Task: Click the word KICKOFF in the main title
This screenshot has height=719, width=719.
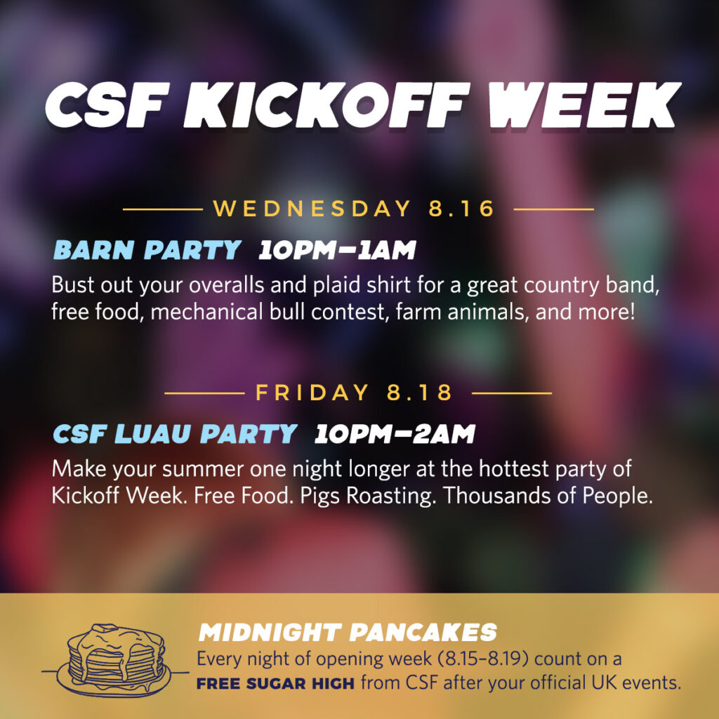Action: click(x=326, y=105)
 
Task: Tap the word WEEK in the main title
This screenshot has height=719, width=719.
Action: click(x=583, y=105)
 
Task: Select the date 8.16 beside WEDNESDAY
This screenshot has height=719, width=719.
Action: click(x=461, y=209)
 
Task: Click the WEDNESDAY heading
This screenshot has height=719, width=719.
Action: click(x=312, y=209)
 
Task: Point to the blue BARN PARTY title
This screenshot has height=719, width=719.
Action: click(x=147, y=250)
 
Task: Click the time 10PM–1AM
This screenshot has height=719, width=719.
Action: click(x=337, y=251)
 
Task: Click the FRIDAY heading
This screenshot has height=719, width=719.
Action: click(x=312, y=393)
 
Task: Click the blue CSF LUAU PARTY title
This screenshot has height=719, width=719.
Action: click(x=175, y=434)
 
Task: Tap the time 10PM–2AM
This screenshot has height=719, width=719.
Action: click(x=395, y=434)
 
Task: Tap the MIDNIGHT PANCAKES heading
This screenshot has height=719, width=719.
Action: click(x=348, y=633)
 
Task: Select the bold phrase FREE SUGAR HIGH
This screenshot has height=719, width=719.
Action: click(x=275, y=684)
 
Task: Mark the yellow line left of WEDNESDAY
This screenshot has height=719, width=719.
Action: click(x=163, y=209)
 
